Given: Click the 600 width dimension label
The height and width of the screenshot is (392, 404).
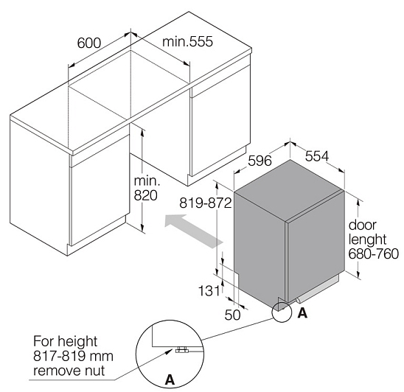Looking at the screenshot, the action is [89, 43].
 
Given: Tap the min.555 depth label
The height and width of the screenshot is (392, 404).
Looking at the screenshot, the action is [187, 41].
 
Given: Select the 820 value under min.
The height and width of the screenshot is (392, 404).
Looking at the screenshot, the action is [145, 195].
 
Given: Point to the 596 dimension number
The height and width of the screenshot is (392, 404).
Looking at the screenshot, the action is [260, 161].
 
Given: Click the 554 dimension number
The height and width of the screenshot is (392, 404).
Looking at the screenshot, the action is [317, 155].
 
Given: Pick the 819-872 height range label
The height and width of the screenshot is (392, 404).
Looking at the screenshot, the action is [206, 203].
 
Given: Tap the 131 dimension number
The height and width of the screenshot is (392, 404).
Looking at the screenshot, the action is [209, 291].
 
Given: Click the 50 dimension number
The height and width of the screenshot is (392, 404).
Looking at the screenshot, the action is [232, 315].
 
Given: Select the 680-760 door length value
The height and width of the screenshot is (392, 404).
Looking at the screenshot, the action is [374, 253].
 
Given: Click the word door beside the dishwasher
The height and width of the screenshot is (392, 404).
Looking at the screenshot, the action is [362, 225].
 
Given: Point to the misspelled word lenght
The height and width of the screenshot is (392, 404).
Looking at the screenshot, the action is [367, 239].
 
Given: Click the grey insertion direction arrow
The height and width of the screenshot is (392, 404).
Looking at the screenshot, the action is [193, 231].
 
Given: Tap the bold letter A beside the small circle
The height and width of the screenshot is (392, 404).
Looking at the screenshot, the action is [302, 312].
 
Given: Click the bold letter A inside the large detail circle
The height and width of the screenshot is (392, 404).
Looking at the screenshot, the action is [170, 379].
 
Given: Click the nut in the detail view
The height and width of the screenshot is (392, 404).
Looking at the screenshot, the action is [182, 349].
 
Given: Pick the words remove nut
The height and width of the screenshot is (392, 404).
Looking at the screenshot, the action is [69, 371].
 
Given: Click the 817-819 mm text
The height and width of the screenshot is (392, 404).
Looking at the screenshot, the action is [73, 356].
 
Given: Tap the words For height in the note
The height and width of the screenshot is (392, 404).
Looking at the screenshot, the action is [65, 342].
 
